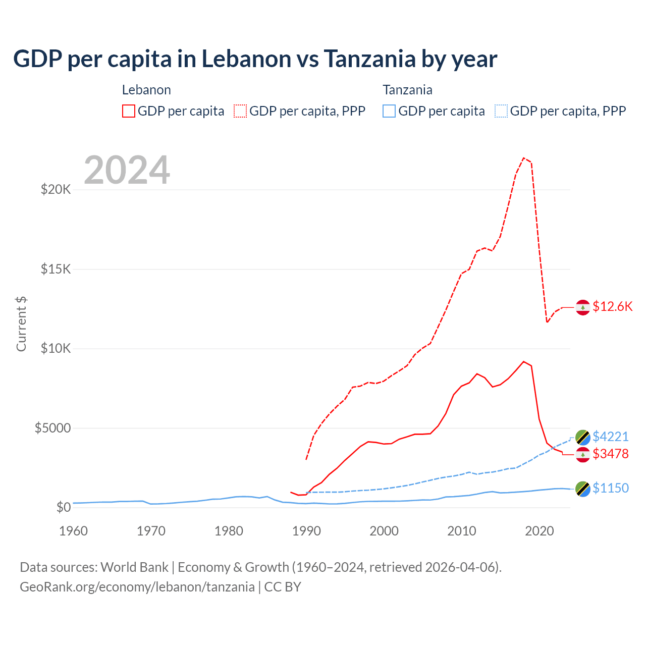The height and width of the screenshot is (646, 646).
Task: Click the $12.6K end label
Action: pyautogui.click(x=612, y=306)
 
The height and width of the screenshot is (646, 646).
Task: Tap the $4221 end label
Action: pyautogui.click(x=610, y=437)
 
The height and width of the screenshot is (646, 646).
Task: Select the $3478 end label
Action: pyautogui.click(x=610, y=454)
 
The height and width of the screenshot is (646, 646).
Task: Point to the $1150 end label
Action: pyautogui.click(x=610, y=488)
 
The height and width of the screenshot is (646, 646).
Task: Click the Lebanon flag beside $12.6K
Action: pyautogui.click(x=583, y=307)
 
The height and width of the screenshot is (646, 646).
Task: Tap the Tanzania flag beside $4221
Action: pyautogui.click(x=583, y=437)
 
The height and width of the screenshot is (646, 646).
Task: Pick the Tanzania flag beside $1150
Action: pyautogui.click(x=583, y=489)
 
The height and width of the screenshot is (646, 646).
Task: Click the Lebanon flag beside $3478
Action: pyautogui.click(x=583, y=454)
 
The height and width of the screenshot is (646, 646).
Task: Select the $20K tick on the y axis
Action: pyautogui.click(x=56, y=190)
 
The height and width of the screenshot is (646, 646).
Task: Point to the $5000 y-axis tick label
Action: pyautogui.click(x=52, y=428)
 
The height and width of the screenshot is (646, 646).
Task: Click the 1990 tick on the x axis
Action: pyautogui.click(x=306, y=531)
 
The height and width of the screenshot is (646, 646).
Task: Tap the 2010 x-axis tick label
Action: pyautogui.click(x=462, y=531)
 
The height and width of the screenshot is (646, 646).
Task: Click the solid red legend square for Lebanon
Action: pyautogui.click(x=129, y=111)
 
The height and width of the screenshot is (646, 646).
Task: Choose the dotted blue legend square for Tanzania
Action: pyautogui.click(x=501, y=111)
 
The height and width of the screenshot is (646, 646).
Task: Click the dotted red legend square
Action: pyautogui.click(x=240, y=111)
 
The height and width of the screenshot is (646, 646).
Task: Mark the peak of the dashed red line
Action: pyautogui.click(x=524, y=158)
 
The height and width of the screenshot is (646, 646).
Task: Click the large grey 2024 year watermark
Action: pyautogui.click(x=127, y=170)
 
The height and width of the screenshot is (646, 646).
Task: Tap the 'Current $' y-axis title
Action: pyautogui.click(x=21, y=324)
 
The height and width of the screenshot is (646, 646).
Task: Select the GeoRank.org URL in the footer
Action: pyautogui.click(x=137, y=587)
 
